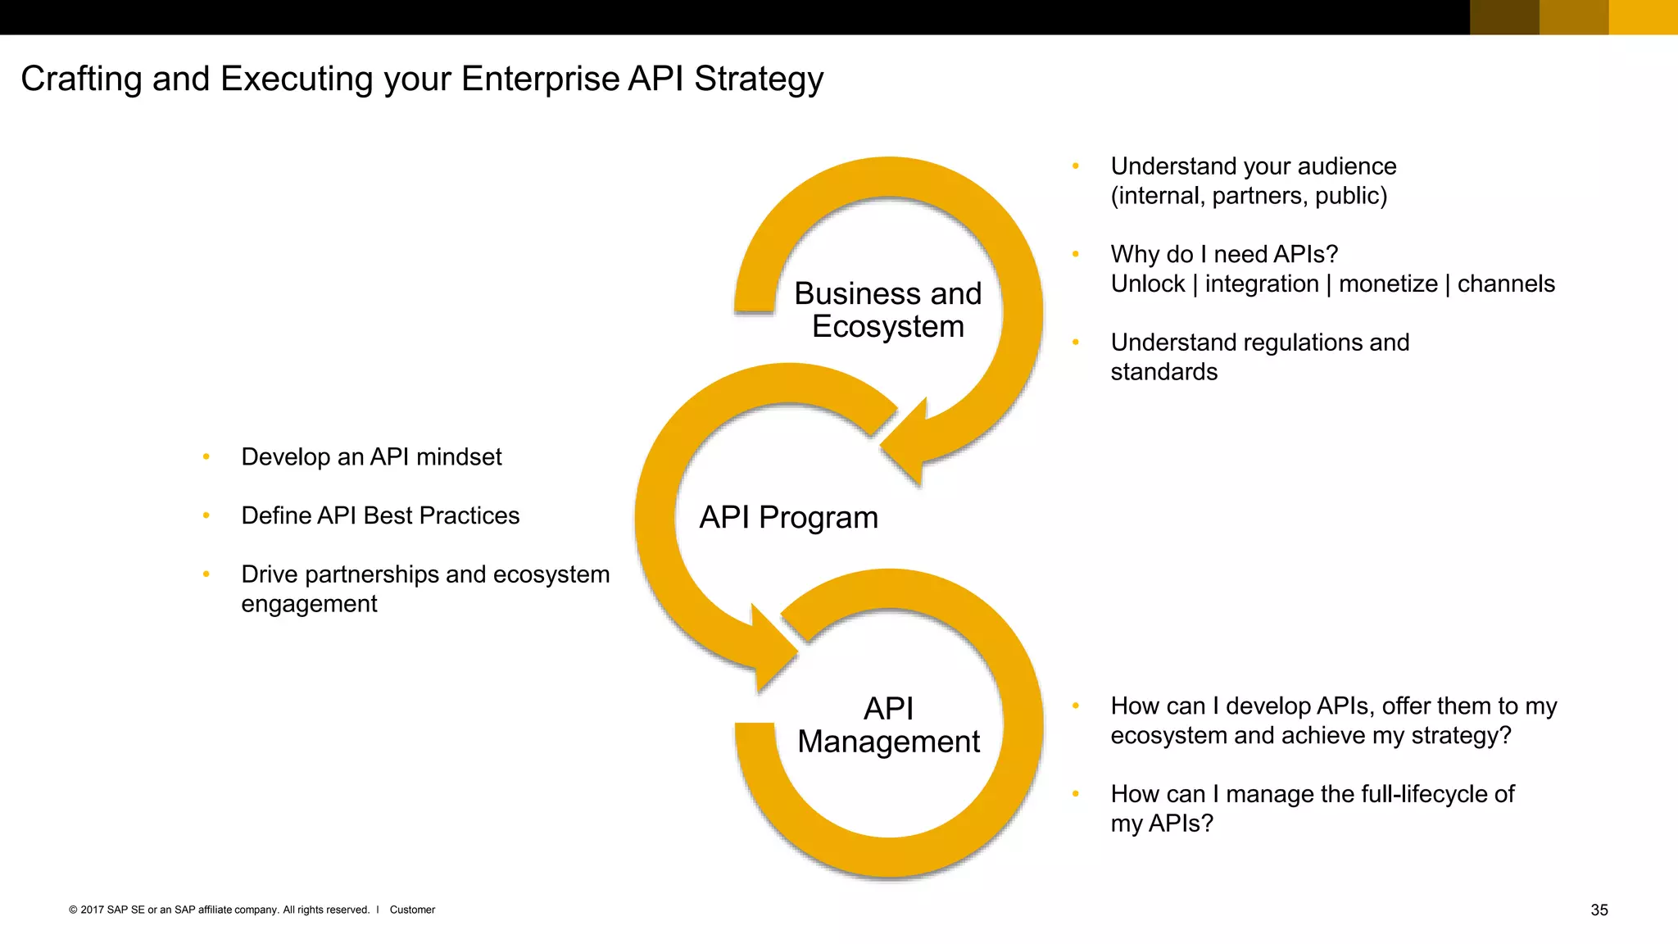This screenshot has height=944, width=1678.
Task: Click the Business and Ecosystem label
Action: pyautogui.click(x=887, y=310)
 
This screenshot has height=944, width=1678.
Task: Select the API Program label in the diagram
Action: pyautogui.click(x=788, y=518)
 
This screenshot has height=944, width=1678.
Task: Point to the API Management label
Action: pyautogui.click(x=888, y=725)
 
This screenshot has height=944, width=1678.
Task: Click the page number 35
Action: pyautogui.click(x=1599, y=910)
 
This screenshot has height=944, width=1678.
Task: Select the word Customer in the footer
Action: pyautogui.click(x=412, y=910)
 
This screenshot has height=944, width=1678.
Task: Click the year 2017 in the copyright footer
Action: pyautogui.click(x=92, y=910)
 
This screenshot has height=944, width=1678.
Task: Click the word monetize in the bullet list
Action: pyautogui.click(x=1388, y=284)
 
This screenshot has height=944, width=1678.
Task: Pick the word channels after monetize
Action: pyautogui.click(x=1506, y=284)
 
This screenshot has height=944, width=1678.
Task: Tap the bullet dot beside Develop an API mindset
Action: pyautogui.click(x=206, y=456)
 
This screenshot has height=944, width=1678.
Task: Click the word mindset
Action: pyautogui.click(x=459, y=456)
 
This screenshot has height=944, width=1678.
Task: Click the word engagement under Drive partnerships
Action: pyautogui.click(x=309, y=604)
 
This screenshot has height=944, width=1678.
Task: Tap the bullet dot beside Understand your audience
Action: pyautogui.click(x=1076, y=166)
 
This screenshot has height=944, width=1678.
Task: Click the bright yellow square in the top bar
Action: pyautogui.click(x=1643, y=17)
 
